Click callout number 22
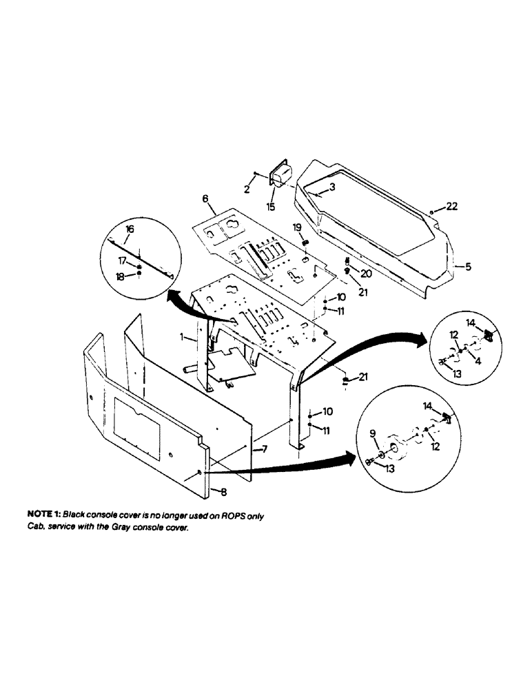pyautogui.click(x=451, y=207)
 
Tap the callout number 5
pyautogui.click(x=469, y=267)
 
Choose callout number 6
pyautogui.click(x=205, y=198)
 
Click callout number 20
pyautogui.click(x=365, y=274)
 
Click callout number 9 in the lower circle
pyautogui.click(x=374, y=433)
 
